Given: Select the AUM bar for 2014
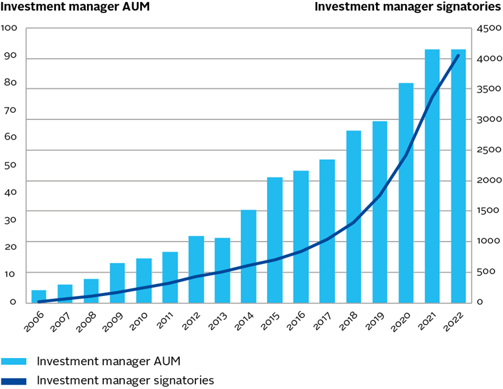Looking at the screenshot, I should click(248, 256).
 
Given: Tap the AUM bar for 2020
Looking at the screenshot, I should click(406, 193).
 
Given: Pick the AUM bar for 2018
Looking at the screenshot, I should click(353, 217).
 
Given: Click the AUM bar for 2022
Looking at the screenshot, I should click(459, 176).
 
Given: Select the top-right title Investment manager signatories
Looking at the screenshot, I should click(408, 7).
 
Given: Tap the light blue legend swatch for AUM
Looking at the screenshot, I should click(14, 361).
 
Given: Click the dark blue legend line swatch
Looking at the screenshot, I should click(14, 381).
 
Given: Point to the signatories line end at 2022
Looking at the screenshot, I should click(458, 55).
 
